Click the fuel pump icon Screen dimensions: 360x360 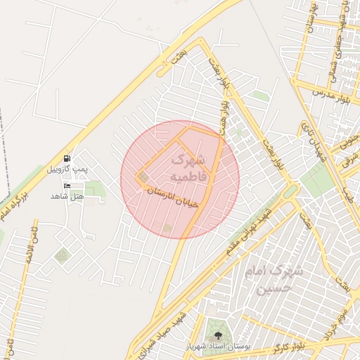pos(67,159)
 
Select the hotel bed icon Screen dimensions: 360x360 pos(67,186)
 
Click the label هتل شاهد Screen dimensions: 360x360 pos(67,196)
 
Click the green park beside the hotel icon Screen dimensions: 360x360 pos(93,188)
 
